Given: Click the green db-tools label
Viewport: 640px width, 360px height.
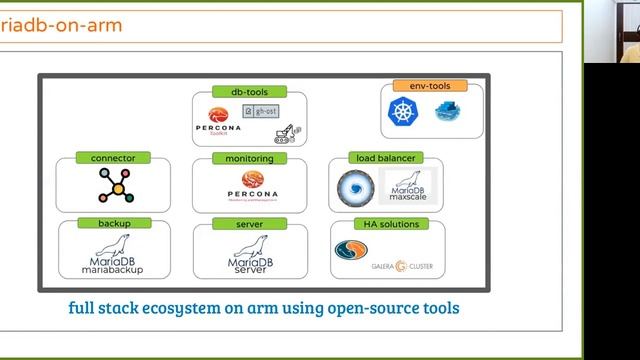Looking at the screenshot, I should (249, 92).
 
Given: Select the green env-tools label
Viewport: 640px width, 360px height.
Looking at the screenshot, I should (430, 86).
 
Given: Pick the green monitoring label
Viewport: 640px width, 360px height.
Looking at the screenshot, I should (249, 158).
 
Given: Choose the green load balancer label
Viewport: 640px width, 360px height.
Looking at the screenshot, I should (386, 158).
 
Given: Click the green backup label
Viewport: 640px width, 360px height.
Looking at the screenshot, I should (114, 223).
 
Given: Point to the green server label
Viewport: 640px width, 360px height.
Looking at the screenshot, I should (249, 224).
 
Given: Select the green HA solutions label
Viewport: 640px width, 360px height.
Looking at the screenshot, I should (385, 224).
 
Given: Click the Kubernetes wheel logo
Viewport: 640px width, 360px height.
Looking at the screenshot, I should (403, 112).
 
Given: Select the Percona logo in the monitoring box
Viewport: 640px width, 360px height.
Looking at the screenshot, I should (252, 184).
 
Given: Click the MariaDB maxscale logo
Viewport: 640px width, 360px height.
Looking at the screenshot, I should (407, 186).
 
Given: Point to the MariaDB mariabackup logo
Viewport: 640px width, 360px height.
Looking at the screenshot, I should (112, 256).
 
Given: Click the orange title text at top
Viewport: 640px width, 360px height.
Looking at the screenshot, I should (60, 25).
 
